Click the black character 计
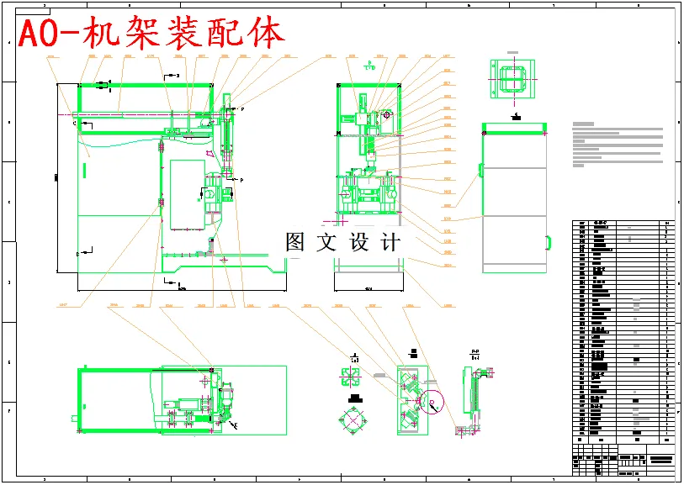click(390, 242)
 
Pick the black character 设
click(359, 242)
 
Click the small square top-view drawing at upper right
click(512, 80)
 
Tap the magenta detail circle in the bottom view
click(434, 403)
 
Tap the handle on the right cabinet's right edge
click(549, 243)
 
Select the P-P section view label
click(475, 354)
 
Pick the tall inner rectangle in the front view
click(187, 193)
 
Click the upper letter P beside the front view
click(242, 110)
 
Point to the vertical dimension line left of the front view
click(56, 177)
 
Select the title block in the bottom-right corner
click(623, 461)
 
